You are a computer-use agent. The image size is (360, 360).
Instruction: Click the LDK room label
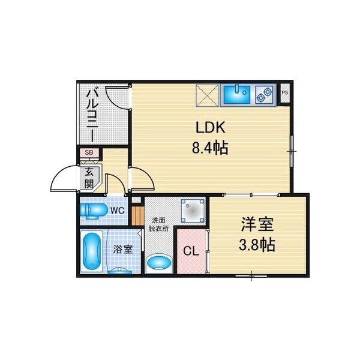pos(211,128)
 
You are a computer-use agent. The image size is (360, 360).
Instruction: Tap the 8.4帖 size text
pos(211,147)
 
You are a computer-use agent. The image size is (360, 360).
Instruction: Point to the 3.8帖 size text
pos(257,245)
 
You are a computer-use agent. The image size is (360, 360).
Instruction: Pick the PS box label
pos(285,92)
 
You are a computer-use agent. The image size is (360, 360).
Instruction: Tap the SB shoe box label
pos(89,153)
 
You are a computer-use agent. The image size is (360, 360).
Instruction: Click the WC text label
pos(118,210)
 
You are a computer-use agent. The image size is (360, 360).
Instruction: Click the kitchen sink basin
pos(237,93)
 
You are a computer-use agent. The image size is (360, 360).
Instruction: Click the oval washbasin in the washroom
pos(159,263)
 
